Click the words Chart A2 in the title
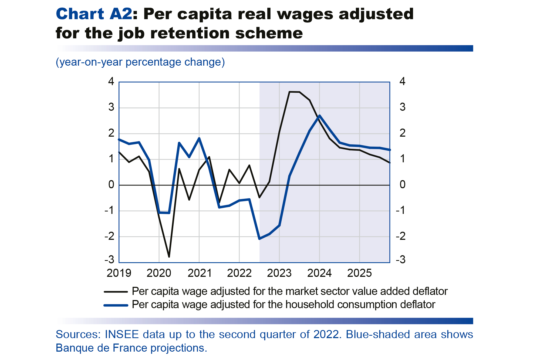point(94,14)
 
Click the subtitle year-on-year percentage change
point(140,62)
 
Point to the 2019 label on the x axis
point(119,273)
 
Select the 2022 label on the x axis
point(239,273)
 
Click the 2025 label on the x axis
point(359,273)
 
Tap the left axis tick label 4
point(111,82)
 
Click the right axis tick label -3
point(401,260)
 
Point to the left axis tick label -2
point(110,237)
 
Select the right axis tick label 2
point(402,133)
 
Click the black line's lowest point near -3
point(169,257)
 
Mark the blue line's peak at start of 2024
point(319,116)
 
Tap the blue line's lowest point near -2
point(259,239)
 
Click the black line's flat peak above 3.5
point(294,92)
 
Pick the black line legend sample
point(116,292)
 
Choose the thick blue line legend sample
point(116,305)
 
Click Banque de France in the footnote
point(93,348)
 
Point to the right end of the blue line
point(390,150)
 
